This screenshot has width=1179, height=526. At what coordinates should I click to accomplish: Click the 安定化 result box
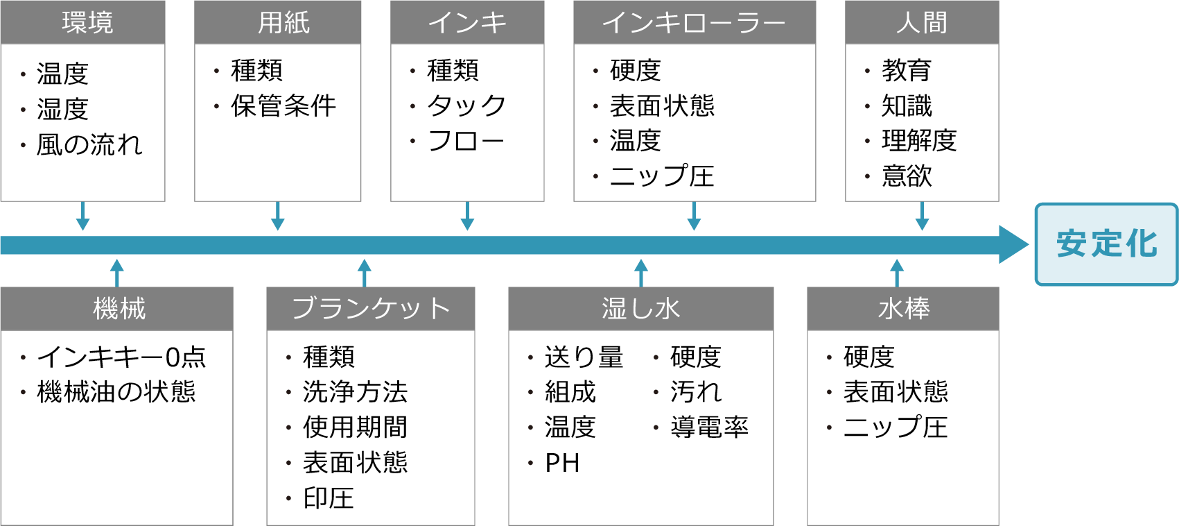pyautogui.click(x=1106, y=244)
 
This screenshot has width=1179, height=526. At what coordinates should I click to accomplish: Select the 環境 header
pyautogui.click(x=87, y=23)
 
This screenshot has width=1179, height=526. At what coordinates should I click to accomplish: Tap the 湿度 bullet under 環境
pyautogui.click(x=62, y=109)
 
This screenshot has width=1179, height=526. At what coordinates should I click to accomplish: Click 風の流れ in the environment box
pyautogui.click(x=89, y=144)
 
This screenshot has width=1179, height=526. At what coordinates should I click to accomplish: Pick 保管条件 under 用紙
pyautogui.click(x=283, y=106)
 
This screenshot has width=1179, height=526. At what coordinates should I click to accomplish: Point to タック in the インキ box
pyautogui.click(x=466, y=106)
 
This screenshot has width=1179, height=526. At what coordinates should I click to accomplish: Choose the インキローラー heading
pyautogui.click(x=693, y=23)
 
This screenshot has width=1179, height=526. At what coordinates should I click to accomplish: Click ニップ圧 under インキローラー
pyautogui.click(x=662, y=176)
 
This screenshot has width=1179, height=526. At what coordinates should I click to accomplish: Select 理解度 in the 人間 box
pyautogui.click(x=919, y=141)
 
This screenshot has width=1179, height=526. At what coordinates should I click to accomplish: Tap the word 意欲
pyautogui.click(x=907, y=176)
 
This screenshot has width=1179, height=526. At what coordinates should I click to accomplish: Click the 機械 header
pyautogui.click(x=119, y=309)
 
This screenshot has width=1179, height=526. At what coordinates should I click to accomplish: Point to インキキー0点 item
pyautogui.click(x=121, y=357)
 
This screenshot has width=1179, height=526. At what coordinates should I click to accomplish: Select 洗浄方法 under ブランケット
pyautogui.click(x=355, y=392)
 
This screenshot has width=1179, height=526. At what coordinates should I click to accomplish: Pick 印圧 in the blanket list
pyautogui.click(x=329, y=498)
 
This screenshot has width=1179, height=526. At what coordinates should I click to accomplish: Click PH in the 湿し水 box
pyautogui.click(x=562, y=463)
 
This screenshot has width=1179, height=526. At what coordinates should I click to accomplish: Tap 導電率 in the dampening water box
pyautogui.click(x=709, y=427)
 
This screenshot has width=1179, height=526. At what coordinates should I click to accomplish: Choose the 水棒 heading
pyautogui.click(x=904, y=309)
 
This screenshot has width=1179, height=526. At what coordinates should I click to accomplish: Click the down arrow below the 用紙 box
pyautogui.click(x=278, y=217)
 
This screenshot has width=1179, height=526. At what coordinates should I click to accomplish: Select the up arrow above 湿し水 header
pyautogui.click(x=641, y=272)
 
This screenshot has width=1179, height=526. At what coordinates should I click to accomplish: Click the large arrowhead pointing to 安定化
pyautogui.click(x=1013, y=244)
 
